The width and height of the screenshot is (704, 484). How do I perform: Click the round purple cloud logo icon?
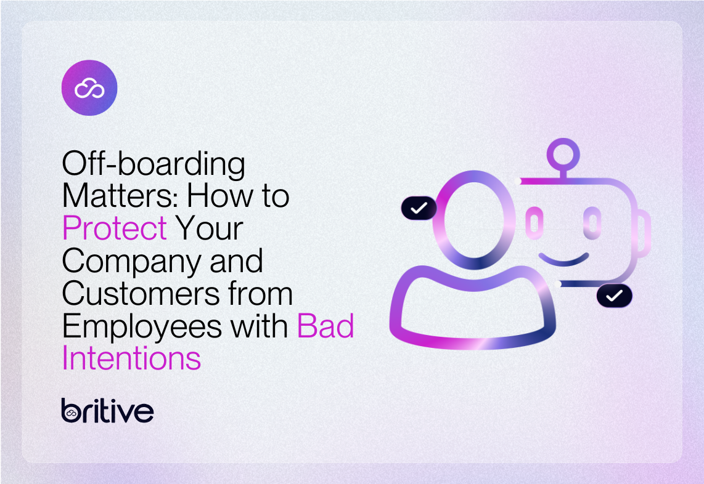89,88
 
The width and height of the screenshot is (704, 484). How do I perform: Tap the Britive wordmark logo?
107,410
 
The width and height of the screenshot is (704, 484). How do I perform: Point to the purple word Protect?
114,228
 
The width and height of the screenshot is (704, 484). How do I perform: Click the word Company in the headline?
128,262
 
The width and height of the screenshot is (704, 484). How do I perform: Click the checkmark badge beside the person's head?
419,208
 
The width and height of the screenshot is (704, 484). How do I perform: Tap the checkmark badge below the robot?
614,296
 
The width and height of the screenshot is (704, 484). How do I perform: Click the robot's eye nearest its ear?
592,223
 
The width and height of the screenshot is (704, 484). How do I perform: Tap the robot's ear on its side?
644,231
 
